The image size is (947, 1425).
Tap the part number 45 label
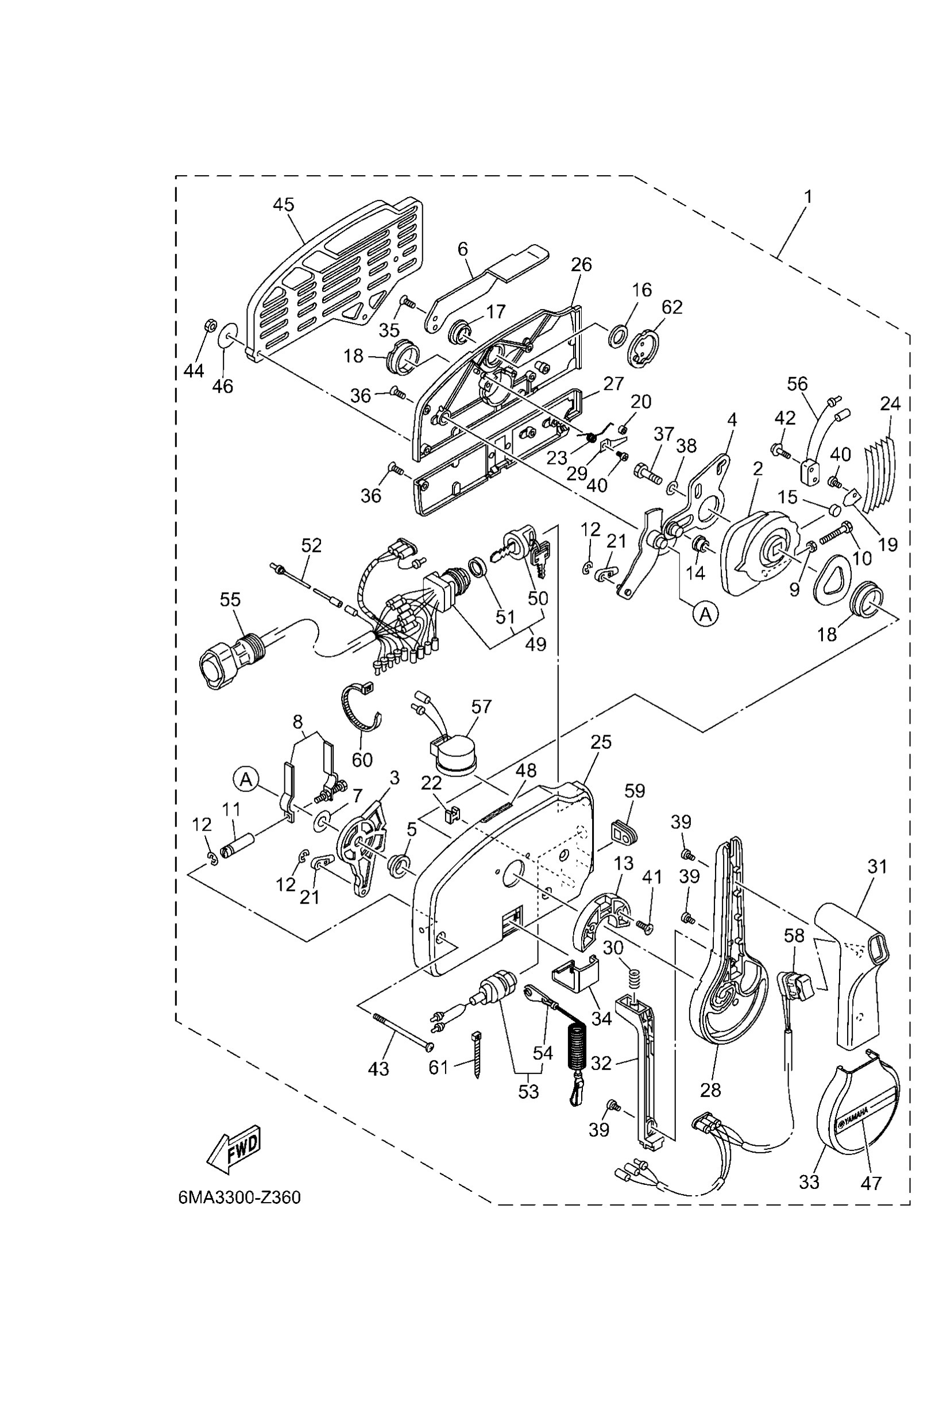283,205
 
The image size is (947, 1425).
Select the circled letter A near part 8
246,779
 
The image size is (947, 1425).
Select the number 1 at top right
807,197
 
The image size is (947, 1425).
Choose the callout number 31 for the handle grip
877,867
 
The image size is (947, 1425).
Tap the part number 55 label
230,599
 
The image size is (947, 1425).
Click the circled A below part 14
705,615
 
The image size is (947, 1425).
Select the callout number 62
671,307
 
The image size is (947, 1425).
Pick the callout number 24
890,404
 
